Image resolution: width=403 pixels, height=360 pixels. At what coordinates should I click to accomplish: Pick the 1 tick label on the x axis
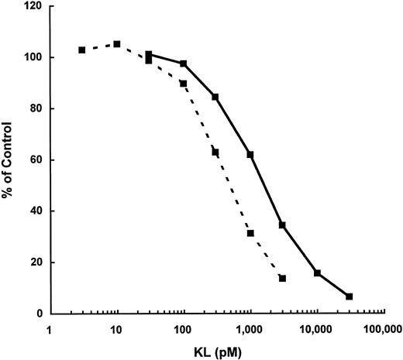pos(50,329)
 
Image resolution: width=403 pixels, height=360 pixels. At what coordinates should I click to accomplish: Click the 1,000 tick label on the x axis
pos(250,329)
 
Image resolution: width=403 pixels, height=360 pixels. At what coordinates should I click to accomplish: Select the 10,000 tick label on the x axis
pos(316,329)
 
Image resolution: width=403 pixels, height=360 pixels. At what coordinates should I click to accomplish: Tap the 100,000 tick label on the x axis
pos(382,329)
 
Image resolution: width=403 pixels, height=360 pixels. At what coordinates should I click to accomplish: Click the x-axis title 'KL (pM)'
pos(217,350)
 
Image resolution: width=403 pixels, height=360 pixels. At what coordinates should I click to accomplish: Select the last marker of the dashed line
pos(282,279)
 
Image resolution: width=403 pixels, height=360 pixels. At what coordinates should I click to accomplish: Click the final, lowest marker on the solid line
pos(350,297)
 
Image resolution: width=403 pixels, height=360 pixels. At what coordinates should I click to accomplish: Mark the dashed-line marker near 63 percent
pos(215,153)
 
